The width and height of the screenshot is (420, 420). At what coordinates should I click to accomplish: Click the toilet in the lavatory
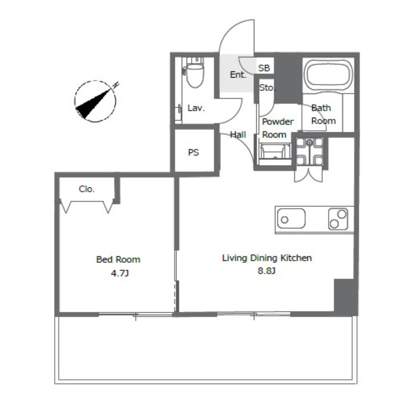tap(195, 72)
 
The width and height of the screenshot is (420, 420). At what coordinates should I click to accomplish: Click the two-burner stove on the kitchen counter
tap(338, 219)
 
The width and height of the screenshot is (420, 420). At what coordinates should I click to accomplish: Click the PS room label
tap(193, 153)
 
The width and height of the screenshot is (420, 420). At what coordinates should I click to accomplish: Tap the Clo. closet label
tap(87, 189)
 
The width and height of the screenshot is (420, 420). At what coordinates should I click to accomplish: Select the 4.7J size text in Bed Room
tap(120, 273)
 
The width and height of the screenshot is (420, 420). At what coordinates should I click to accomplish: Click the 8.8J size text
tap(266, 271)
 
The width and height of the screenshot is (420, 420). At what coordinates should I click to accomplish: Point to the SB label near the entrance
tap(264, 68)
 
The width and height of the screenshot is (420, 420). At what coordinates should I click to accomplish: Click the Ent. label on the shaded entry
tap(238, 74)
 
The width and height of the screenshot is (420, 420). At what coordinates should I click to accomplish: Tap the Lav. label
tap(196, 108)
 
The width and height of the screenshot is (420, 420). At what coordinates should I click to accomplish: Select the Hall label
tap(238, 134)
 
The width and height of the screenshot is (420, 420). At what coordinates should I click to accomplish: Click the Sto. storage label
tap(267, 87)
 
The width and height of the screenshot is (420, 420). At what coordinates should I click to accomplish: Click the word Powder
tap(278, 122)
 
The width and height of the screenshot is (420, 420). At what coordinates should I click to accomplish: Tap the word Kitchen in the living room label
tap(296, 258)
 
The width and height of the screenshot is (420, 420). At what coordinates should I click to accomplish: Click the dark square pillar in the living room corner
tap(345, 297)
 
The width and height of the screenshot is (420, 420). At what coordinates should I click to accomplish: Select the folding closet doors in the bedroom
tap(87, 207)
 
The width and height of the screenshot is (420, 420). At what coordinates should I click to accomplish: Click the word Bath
tap(321, 108)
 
